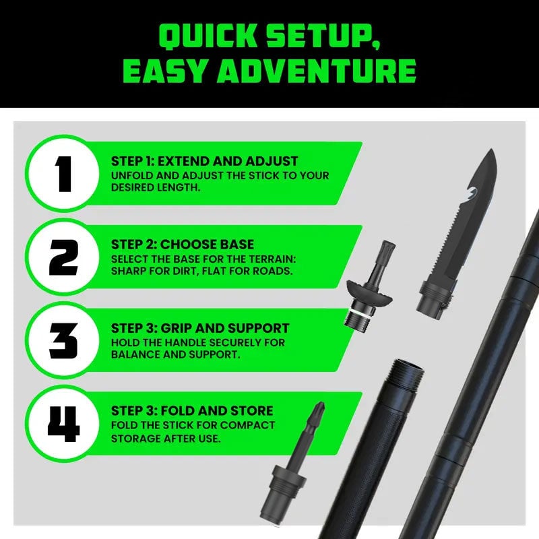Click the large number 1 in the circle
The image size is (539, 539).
tap(63, 174)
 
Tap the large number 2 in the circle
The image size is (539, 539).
tap(63, 257)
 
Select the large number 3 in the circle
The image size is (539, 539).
tap(63, 341)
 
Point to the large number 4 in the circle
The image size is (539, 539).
tap(63, 424)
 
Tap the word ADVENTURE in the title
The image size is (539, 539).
tap(316, 71)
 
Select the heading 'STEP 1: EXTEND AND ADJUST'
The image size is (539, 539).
tap(205, 161)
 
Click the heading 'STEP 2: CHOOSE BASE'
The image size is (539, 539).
tap(183, 245)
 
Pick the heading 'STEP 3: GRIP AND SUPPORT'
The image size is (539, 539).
tap(200, 328)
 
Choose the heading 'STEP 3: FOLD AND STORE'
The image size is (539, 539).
tap(192, 410)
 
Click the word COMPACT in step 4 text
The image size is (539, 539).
tap(247, 425)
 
